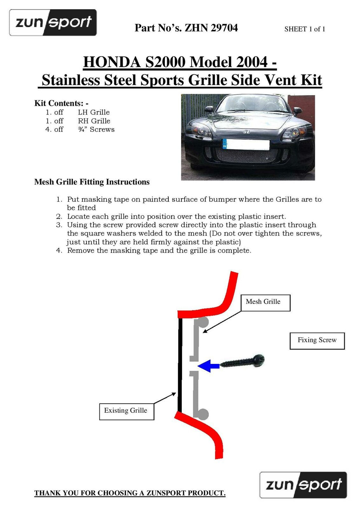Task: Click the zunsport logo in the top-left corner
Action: pyautogui.click(x=53, y=22)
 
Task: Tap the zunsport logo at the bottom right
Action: pyautogui.click(x=303, y=485)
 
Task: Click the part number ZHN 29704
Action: pyautogui.click(x=211, y=28)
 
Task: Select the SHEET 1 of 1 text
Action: pyautogui.click(x=304, y=29)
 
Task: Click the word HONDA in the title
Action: pyautogui.click(x=112, y=62)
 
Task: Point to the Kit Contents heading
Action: pyautogui.click(x=61, y=103)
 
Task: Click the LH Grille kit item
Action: pyautogui.click(x=94, y=112)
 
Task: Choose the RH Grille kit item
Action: pyautogui.click(x=94, y=121)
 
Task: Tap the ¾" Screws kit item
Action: pyautogui.click(x=96, y=129)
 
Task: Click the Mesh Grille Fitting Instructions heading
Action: pyautogui.click(x=92, y=182)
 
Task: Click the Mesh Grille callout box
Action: pyautogui.click(x=265, y=302)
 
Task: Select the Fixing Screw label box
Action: pyautogui.click(x=317, y=340)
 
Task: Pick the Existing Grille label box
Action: pyautogui.click(x=127, y=411)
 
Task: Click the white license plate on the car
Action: pyautogui.click(x=246, y=144)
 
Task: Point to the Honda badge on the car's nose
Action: pyautogui.click(x=247, y=132)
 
